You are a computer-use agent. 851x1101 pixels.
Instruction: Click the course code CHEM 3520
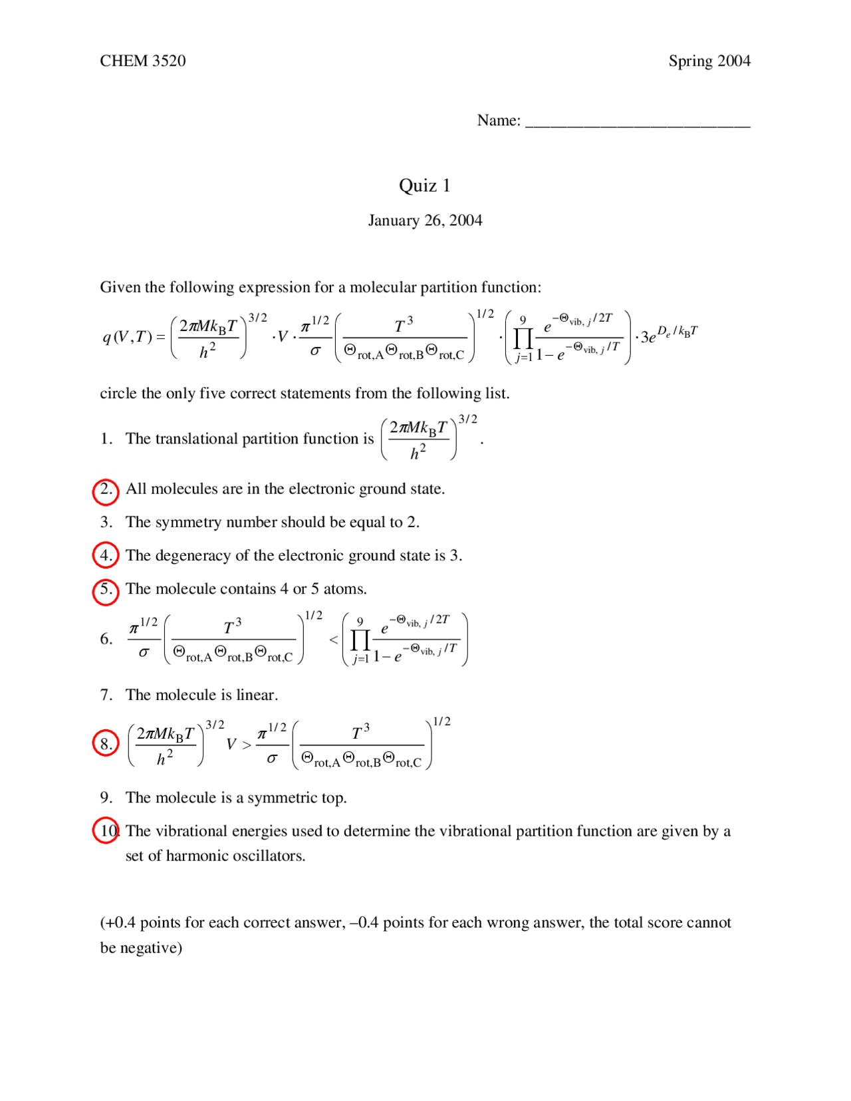(x=142, y=61)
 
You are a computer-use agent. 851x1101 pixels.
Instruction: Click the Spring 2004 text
(x=709, y=61)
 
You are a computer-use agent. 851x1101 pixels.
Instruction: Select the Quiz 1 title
(x=425, y=185)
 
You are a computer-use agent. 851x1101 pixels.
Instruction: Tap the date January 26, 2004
(x=425, y=221)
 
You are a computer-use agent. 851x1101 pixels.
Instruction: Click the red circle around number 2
(x=106, y=491)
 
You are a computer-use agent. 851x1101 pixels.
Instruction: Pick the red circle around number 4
(x=106, y=555)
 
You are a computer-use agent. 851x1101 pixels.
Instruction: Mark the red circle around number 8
(x=106, y=743)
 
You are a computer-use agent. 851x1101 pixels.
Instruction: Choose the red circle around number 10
(x=106, y=830)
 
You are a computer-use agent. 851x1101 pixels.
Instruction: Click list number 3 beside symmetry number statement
(x=106, y=523)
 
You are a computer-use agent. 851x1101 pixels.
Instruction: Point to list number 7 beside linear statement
(x=106, y=695)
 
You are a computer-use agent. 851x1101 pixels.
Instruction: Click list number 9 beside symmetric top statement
(x=106, y=798)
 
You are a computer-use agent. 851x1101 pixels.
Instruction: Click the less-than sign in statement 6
(x=334, y=640)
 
